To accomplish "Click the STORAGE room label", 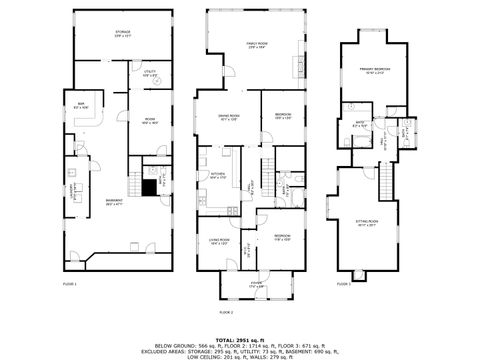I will [122, 33].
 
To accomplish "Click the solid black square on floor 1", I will [151, 185].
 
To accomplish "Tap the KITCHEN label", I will [218, 175].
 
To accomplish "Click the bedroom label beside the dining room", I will [283, 116].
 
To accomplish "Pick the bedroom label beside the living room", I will [282, 238].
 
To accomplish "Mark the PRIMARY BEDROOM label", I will [375, 70].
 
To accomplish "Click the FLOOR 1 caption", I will [70, 284].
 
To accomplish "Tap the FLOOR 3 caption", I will [344, 284].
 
